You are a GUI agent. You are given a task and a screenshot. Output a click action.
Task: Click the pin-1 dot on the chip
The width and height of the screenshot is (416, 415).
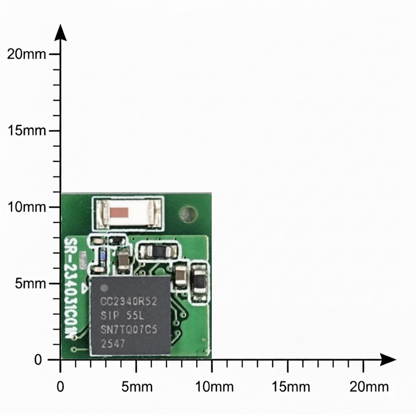pos(104,288)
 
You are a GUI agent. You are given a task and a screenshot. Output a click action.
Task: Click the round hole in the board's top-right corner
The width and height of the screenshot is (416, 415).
pos(187,214)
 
